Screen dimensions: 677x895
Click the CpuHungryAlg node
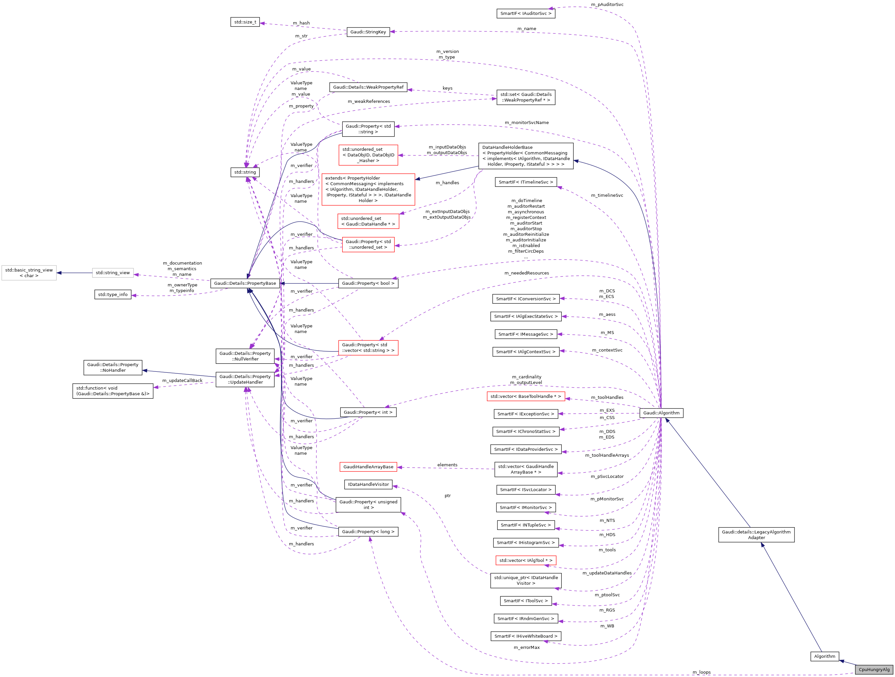pyautogui.click(x=874, y=669)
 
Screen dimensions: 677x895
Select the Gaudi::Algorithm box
pyautogui.click(x=661, y=413)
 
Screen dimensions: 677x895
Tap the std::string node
pyautogui.click(x=245, y=172)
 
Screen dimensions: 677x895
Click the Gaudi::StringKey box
pyautogui.click(x=368, y=32)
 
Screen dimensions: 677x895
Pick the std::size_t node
pyautogui.click(x=245, y=22)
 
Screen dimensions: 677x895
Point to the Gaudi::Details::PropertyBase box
pyautogui.click(x=245, y=283)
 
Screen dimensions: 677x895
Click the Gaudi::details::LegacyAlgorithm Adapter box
pyautogui.click(x=756, y=534)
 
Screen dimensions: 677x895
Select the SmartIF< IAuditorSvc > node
pyautogui.click(x=526, y=13)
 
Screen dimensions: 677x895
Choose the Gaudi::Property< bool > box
pyautogui.click(x=368, y=283)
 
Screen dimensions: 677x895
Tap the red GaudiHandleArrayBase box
pyautogui.click(x=368, y=467)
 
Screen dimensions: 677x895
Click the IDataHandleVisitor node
pyautogui.click(x=368, y=485)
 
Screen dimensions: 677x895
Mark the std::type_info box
pyautogui.click(x=112, y=295)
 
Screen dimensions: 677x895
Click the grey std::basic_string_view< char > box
pyautogui.click(x=29, y=273)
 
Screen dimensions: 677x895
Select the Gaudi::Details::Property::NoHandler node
pyautogui.click(x=112, y=367)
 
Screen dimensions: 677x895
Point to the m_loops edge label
pyautogui.click(x=701, y=672)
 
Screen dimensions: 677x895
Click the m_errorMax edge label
pyautogui.click(x=526, y=648)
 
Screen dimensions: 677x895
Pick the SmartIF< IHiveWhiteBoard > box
pyautogui.click(x=526, y=636)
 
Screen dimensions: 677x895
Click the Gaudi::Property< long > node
pyautogui.click(x=368, y=532)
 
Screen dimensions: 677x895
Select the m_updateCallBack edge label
pyautogui.click(x=182, y=380)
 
